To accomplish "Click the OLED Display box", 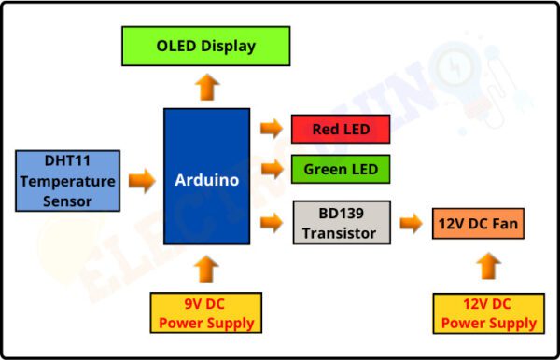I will coord(205,46).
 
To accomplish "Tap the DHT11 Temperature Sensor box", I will coord(67,179).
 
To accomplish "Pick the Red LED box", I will coord(340,129).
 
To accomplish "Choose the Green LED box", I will coord(340,170).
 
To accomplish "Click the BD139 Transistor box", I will coord(341,223).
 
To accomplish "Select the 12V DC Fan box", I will coord(478,224).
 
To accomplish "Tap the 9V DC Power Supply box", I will coord(205,313).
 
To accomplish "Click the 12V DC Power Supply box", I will coord(488,313).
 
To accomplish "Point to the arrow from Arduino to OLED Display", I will coord(207,88).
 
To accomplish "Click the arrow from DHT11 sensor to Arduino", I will coord(141,180).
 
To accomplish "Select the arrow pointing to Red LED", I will coord(272,129).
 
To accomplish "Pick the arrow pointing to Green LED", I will coord(272,169).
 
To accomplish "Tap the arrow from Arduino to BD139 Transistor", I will coord(272,223).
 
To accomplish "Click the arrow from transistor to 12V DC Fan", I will coord(411,223).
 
